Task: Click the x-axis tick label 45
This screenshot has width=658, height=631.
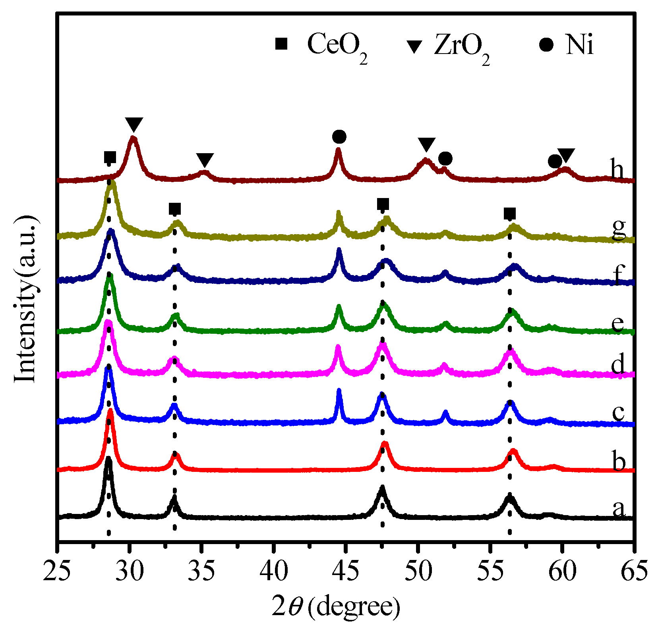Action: [x=345, y=572]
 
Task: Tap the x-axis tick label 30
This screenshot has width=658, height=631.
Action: [x=129, y=572]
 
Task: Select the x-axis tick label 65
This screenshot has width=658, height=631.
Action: [x=633, y=572]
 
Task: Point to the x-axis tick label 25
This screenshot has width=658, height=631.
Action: [x=58, y=572]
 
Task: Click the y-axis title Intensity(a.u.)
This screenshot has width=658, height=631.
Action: [x=25, y=300]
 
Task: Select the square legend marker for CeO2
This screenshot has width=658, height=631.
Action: [x=281, y=44]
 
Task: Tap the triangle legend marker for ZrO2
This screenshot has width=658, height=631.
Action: [x=416, y=46]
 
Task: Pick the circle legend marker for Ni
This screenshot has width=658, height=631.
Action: [x=546, y=44]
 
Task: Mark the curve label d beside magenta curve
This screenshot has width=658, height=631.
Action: [x=618, y=364]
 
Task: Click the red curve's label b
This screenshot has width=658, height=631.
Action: [x=619, y=462]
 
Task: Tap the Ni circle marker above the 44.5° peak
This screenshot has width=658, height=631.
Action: [x=339, y=137]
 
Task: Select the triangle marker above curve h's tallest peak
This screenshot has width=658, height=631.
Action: [x=134, y=125]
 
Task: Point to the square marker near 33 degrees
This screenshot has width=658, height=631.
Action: [x=175, y=209]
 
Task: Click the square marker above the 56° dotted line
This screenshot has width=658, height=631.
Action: [x=510, y=214]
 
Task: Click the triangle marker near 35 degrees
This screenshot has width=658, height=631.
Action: [x=205, y=160]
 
